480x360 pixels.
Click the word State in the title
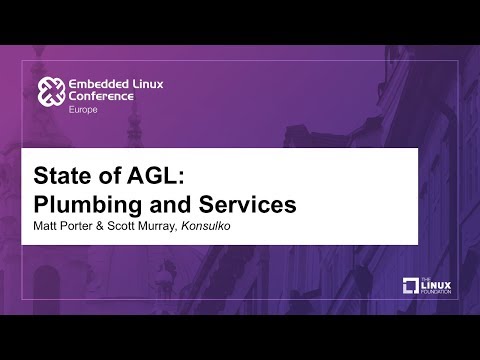[63, 175]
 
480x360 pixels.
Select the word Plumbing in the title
[87, 203]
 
